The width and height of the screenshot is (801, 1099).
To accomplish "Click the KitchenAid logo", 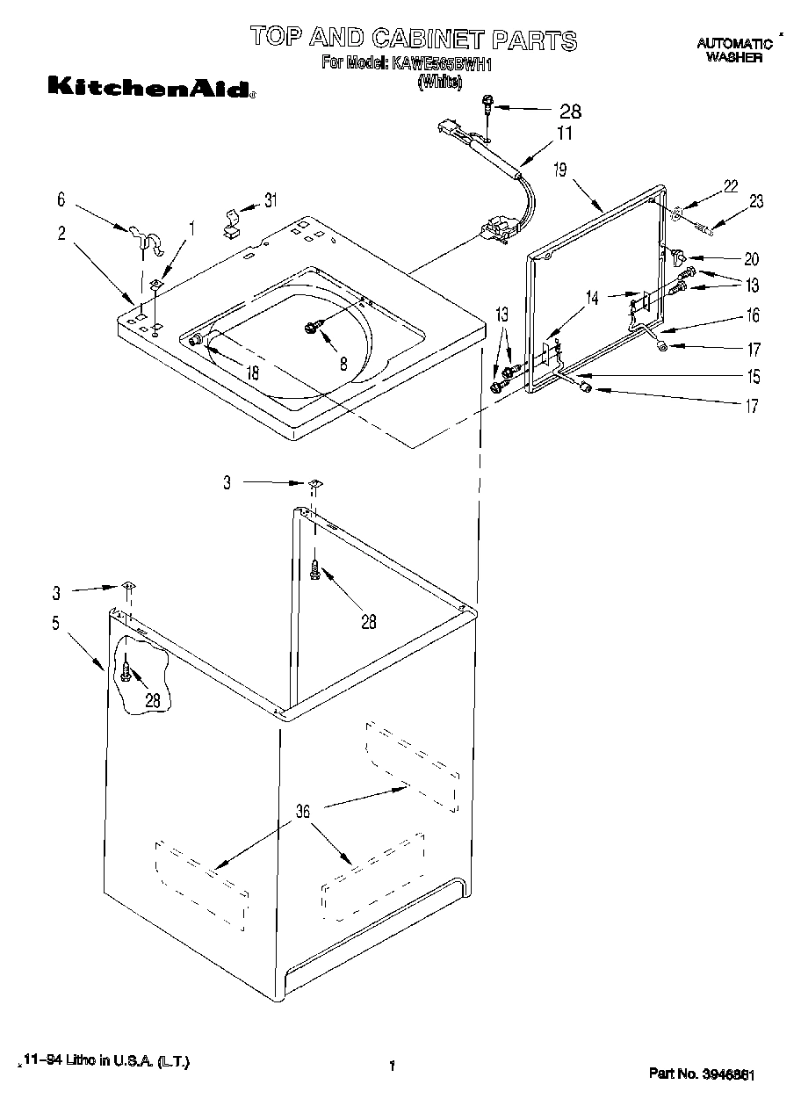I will tap(150, 87).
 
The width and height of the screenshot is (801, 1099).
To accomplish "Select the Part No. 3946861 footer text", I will tap(703, 1074).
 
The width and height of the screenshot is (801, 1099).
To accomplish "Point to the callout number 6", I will tap(61, 199).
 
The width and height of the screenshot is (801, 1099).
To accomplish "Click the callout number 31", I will tap(270, 199).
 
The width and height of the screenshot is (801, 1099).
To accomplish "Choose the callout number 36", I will tap(302, 812).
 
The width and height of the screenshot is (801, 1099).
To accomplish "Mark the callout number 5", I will tap(55, 625).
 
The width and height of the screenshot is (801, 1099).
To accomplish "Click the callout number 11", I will tap(564, 134).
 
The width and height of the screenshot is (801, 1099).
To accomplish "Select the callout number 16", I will tap(753, 315).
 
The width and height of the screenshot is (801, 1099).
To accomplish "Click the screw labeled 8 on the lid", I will tap(313, 327).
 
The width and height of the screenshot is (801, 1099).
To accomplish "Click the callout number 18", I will tap(252, 372).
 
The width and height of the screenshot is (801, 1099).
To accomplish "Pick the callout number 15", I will tap(753, 377).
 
